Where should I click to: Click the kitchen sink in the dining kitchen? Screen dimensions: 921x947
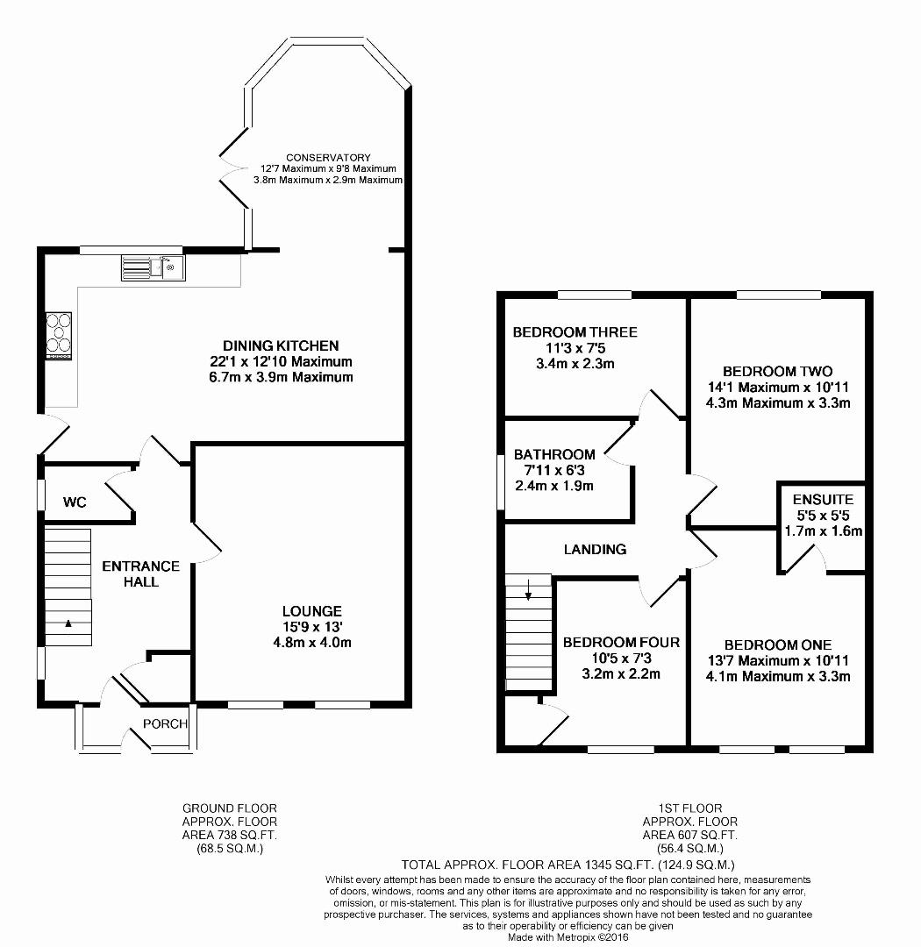(x=153, y=267)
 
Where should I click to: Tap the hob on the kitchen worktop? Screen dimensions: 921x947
(x=59, y=337)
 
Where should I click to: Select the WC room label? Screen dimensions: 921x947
(x=75, y=502)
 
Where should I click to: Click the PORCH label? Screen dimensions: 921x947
(x=165, y=723)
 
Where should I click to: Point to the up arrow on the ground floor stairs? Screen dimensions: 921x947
(x=68, y=623)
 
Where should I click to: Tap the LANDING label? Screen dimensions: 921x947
(x=595, y=549)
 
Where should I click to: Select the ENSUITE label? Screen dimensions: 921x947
(x=823, y=500)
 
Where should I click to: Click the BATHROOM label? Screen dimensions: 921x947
(x=554, y=454)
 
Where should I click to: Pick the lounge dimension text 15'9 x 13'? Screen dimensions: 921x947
(x=312, y=626)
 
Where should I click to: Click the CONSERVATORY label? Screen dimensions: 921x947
(x=328, y=158)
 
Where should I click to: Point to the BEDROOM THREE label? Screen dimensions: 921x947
(x=575, y=331)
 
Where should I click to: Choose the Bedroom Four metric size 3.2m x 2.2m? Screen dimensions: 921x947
(x=621, y=674)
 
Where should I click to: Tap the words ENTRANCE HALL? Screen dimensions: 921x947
(x=141, y=573)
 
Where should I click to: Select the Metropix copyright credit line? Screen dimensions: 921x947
(x=568, y=937)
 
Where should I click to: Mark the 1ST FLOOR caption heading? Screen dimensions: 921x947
(x=690, y=808)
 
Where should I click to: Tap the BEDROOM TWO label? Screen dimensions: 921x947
(x=777, y=372)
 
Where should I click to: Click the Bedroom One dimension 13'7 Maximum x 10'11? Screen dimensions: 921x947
(x=778, y=661)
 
